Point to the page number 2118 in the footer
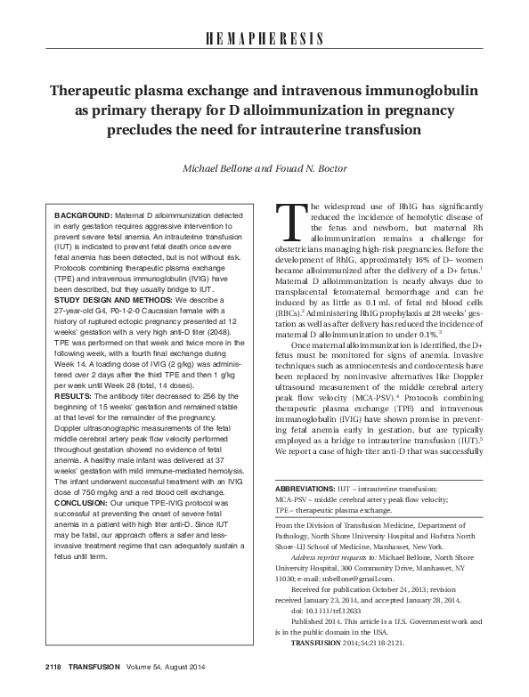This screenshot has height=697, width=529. click(x=31, y=669)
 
